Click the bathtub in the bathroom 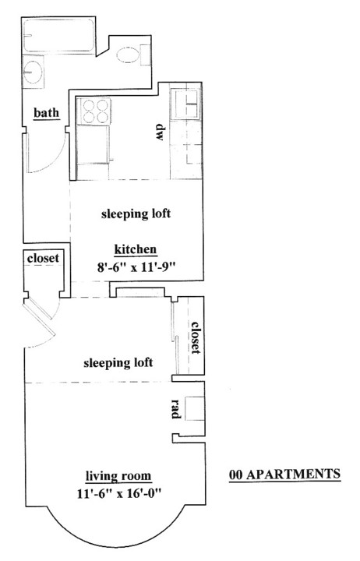(x=59, y=36)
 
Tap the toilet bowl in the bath (x=128, y=55)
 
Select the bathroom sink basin (x=33, y=72)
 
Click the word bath (x=46, y=113)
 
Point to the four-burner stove (x=94, y=111)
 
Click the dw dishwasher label (x=160, y=132)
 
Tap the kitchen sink (x=185, y=104)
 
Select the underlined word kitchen (x=136, y=249)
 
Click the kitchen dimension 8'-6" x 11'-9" (x=136, y=267)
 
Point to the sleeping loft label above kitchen (x=136, y=214)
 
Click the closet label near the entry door (x=43, y=258)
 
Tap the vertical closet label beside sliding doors (x=196, y=337)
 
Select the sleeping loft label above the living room (x=118, y=363)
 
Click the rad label (x=175, y=408)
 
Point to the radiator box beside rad (x=194, y=408)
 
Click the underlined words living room (x=118, y=477)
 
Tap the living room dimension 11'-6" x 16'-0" (x=119, y=494)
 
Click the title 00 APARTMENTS (x=285, y=475)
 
